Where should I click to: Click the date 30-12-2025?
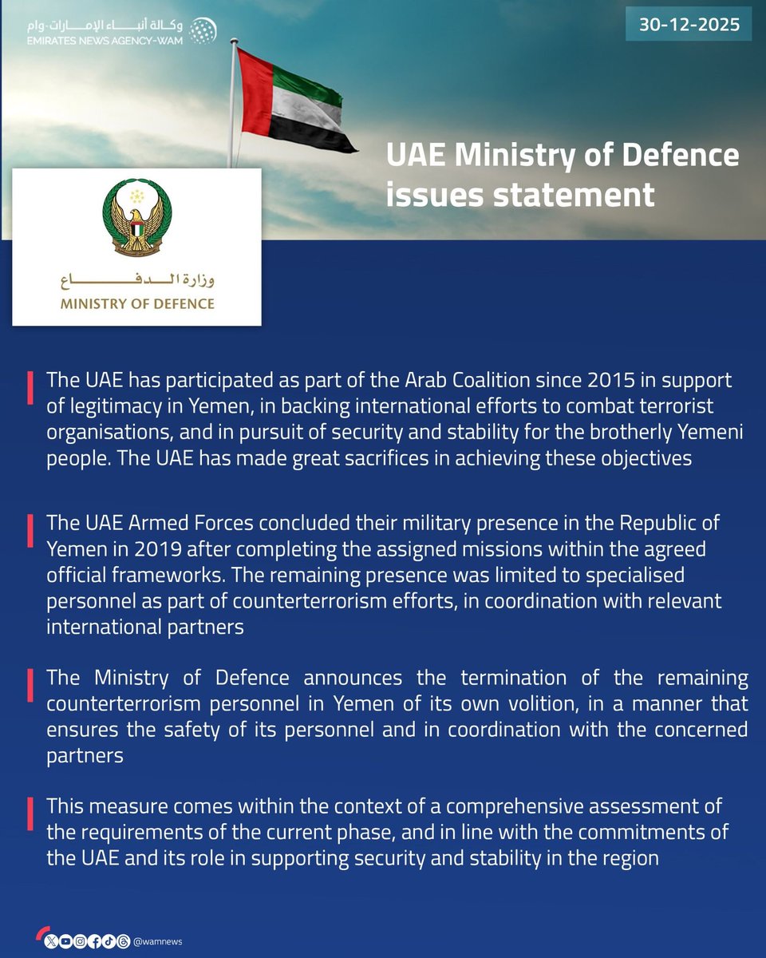click(x=689, y=25)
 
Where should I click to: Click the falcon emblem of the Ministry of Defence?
click(x=136, y=216)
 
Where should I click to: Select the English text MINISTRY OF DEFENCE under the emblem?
click(x=137, y=303)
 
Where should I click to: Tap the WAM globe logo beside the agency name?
click(x=203, y=30)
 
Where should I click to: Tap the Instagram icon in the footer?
click(x=80, y=940)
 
